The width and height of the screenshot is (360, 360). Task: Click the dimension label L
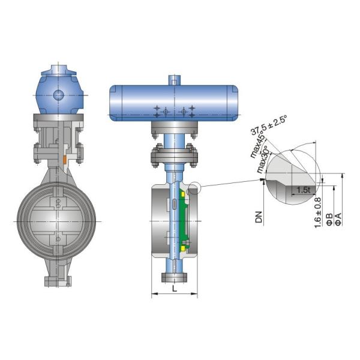(174, 289)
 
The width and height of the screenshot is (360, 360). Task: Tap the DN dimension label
(259, 217)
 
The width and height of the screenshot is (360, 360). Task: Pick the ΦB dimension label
(329, 218)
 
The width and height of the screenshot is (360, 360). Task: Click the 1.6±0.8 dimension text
(317, 214)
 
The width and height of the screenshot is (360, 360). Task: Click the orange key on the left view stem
(63, 159)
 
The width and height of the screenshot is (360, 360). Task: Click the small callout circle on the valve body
(193, 189)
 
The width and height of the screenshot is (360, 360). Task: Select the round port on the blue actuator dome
(58, 95)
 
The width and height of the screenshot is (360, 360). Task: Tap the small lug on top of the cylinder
(175, 79)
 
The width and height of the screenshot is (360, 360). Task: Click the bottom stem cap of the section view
(174, 277)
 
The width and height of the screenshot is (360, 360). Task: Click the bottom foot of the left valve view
(58, 280)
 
